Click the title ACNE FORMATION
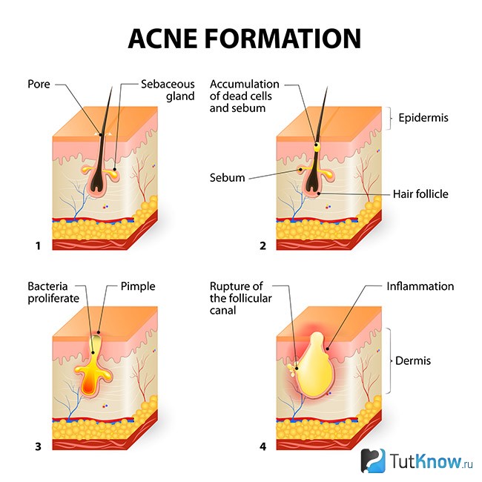(x=245, y=39)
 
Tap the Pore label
(x=39, y=85)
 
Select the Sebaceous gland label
(x=168, y=90)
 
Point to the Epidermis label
(x=423, y=118)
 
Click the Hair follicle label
(x=420, y=194)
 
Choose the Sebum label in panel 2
(x=227, y=178)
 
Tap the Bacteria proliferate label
(x=53, y=292)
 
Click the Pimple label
(x=138, y=286)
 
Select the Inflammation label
(x=420, y=286)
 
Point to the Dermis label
(x=413, y=360)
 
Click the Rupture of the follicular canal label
(x=241, y=298)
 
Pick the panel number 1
(x=38, y=246)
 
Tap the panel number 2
(x=263, y=246)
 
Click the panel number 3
(x=38, y=446)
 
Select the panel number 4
(x=263, y=446)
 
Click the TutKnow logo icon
(x=373, y=460)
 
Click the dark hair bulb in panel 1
(x=97, y=182)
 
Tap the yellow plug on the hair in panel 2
(x=317, y=147)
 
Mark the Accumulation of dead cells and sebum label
(x=245, y=96)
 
